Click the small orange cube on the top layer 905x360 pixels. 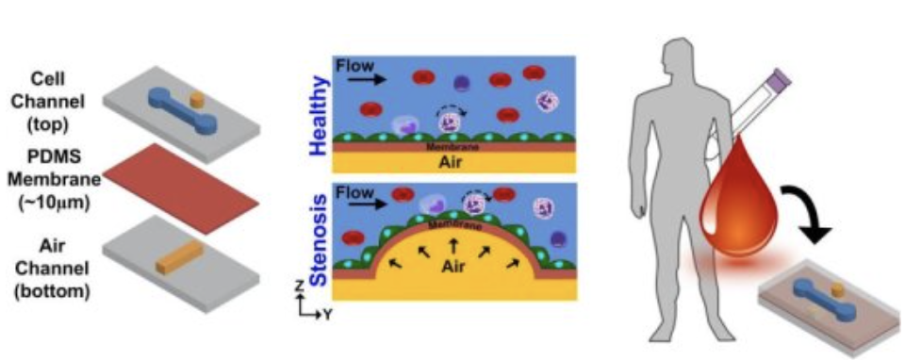(x=197, y=98)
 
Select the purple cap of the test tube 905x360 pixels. (x=780, y=77)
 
